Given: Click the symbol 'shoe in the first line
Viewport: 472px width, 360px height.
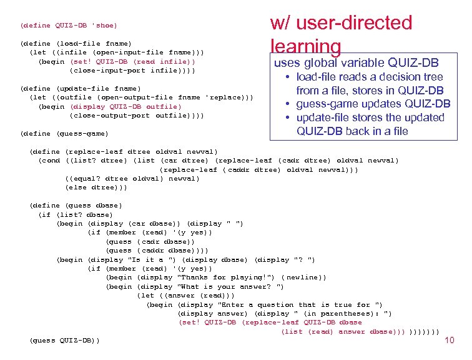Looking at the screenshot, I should coord(104,26).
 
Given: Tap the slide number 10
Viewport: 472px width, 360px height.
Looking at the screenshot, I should coord(449,340).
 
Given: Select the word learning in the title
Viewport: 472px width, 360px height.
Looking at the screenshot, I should coord(306,47).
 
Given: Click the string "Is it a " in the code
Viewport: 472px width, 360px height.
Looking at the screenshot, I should coord(144,259).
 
